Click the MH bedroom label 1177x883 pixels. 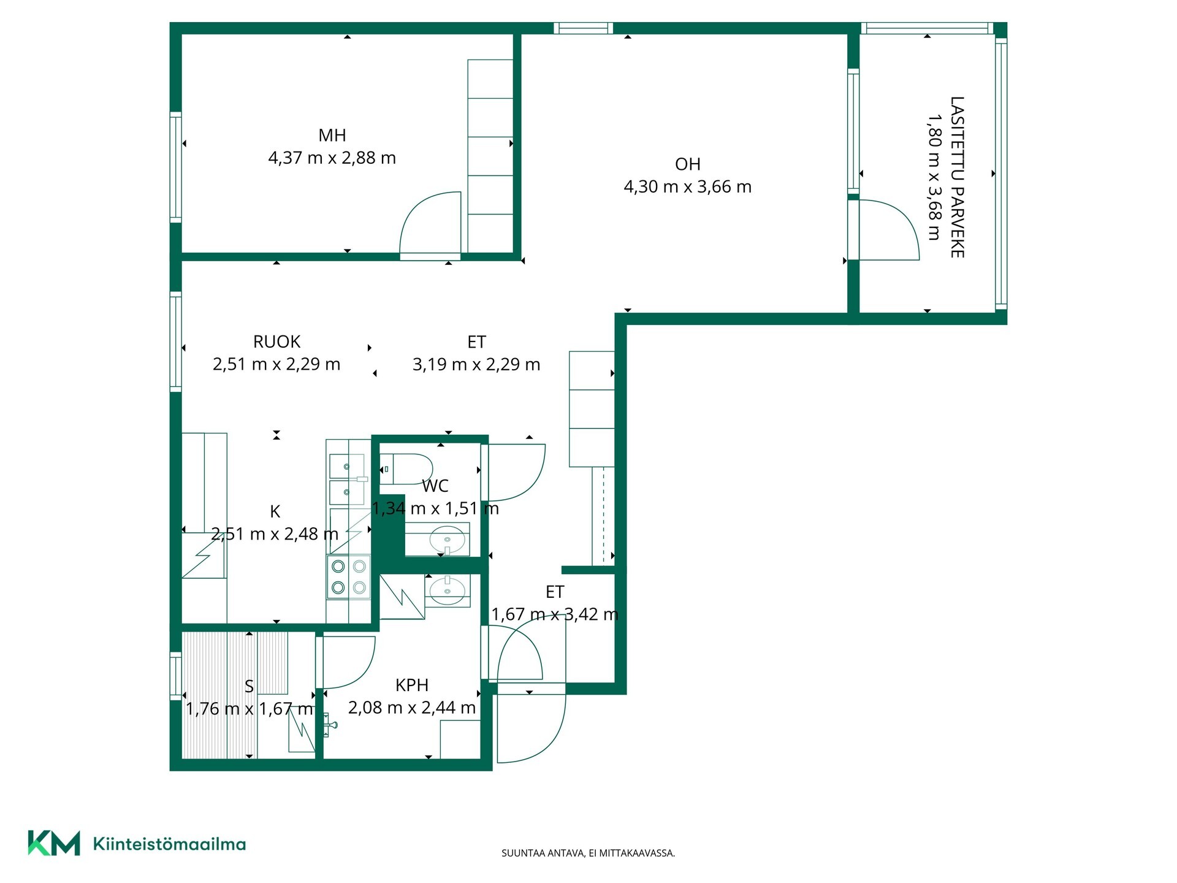[332, 135]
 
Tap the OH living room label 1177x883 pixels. [687, 164]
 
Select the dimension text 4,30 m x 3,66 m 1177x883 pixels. [687, 186]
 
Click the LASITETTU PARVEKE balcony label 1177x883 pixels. [957, 177]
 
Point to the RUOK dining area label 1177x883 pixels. [276, 341]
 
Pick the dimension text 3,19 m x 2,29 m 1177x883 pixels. [476, 365]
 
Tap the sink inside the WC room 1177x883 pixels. [447, 540]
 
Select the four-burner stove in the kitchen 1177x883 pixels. [349, 576]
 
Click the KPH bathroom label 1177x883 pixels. [411, 684]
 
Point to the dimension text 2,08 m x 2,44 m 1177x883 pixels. [412, 708]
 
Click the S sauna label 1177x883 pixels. [249, 686]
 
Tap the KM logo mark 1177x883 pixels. [54, 843]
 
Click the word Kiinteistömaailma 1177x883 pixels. [169, 844]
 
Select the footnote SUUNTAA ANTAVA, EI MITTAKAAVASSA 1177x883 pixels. [588, 853]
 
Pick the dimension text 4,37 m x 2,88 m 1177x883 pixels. [332, 158]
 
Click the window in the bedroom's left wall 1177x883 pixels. [176, 167]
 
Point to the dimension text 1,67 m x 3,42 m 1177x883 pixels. [555, 614]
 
